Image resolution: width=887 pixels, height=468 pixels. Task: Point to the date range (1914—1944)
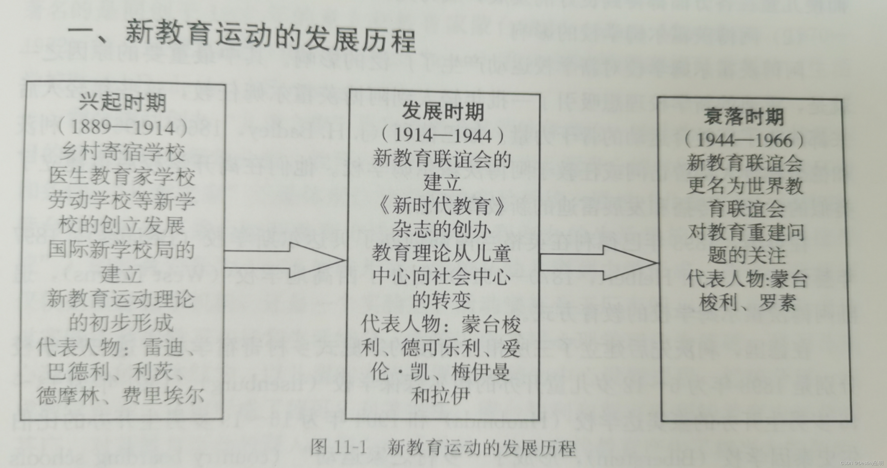pyautogui.click(x=443, y=135)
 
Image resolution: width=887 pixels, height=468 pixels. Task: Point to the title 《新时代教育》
pyautogui.click(x=442, y=206)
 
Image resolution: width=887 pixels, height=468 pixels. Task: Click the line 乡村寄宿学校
pyautogui.click(x=123, y=152)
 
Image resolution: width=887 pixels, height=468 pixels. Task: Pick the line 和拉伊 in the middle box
pyautogui.click(x=440, y=395)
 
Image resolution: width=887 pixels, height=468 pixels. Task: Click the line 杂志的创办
pyautogui.click(x=442, y=229)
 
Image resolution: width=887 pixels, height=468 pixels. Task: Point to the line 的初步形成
pyautogui.click(x=121, y=323)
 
